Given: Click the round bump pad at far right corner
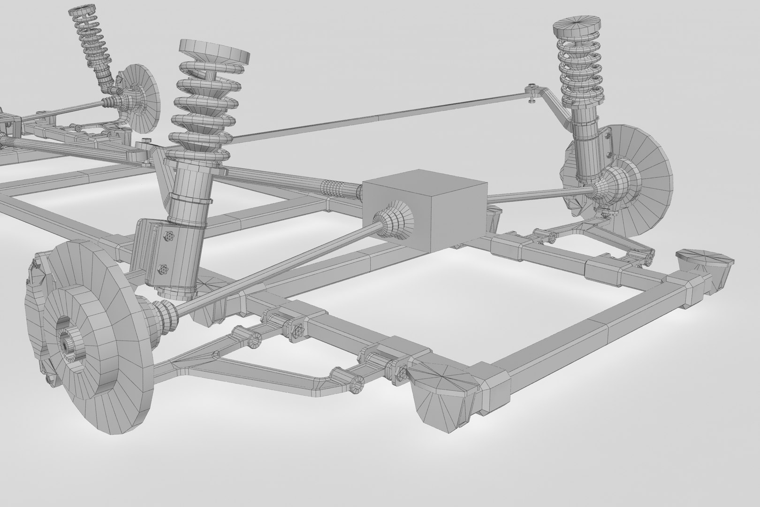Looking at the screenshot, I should point(704,258).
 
